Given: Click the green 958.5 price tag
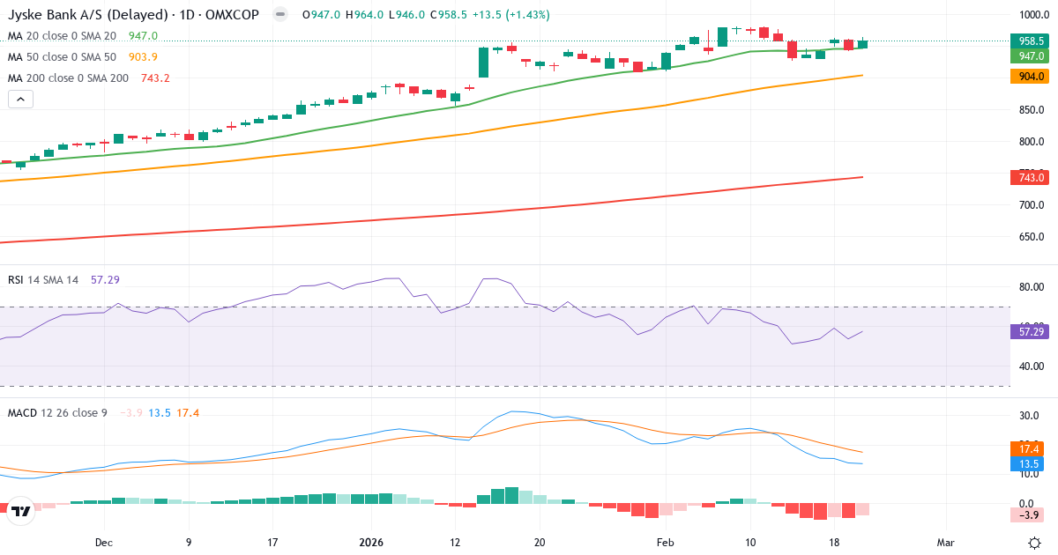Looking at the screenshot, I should [1032, 41].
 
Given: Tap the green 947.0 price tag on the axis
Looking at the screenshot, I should [1032, 55].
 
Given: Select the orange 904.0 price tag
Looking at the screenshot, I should [1032, 76].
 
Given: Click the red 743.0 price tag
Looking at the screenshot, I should [1032, 177].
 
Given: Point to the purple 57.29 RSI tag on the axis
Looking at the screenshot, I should [1032, 331].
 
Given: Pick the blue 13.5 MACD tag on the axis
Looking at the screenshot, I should [1032, 464].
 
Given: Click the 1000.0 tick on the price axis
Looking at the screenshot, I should [1032, 15].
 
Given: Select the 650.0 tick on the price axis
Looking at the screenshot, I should [1032, 237].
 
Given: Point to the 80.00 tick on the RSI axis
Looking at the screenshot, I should [1032, 287].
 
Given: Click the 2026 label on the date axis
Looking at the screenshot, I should [371, 543].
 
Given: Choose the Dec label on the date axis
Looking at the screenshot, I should [104, 543].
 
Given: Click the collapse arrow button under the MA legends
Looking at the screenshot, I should [20, 99].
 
